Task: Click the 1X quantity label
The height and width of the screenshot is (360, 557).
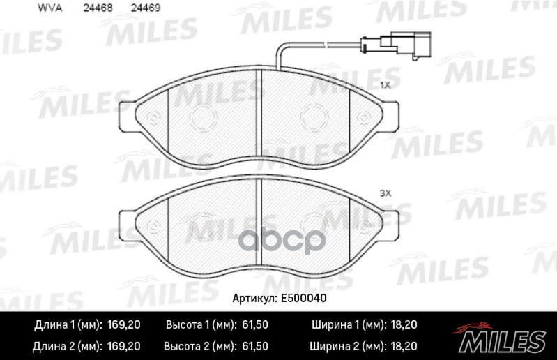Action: [x=384, y=84]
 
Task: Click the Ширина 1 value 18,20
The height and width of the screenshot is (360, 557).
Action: [x=404, y=325]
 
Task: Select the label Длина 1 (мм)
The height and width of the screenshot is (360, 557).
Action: [x=68, y=325]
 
